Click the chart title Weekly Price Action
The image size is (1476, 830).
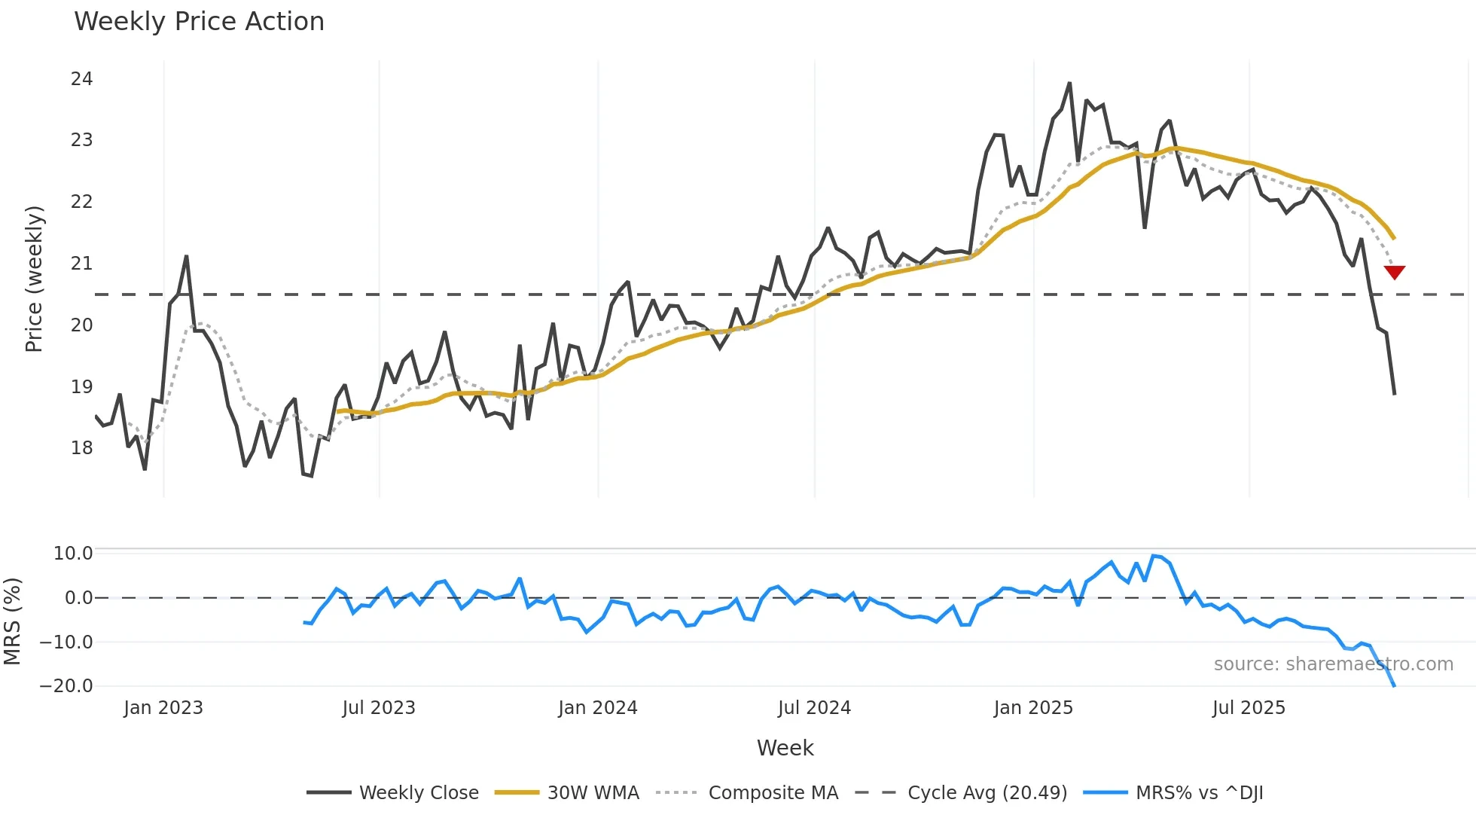(199, 22)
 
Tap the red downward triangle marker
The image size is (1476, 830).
(1394, 272)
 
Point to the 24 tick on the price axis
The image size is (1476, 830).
(81, 79)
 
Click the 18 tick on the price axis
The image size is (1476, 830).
(81, 448)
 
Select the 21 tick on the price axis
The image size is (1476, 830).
(81, 264)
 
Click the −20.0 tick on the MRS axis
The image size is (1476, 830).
(66, 686)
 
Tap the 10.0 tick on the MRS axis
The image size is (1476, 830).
(73, 554)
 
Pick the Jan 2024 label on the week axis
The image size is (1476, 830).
(597, 708)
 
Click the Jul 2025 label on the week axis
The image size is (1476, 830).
(1249, 708)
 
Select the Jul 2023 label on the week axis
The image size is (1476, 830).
(378, 708)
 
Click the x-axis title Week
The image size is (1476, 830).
(785, 748)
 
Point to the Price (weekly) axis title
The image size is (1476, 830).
(35, 279)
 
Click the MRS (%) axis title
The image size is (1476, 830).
(12, 621)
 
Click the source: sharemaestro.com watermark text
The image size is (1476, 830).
(1333, 664)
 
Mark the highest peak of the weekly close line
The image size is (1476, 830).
(1069, 84)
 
